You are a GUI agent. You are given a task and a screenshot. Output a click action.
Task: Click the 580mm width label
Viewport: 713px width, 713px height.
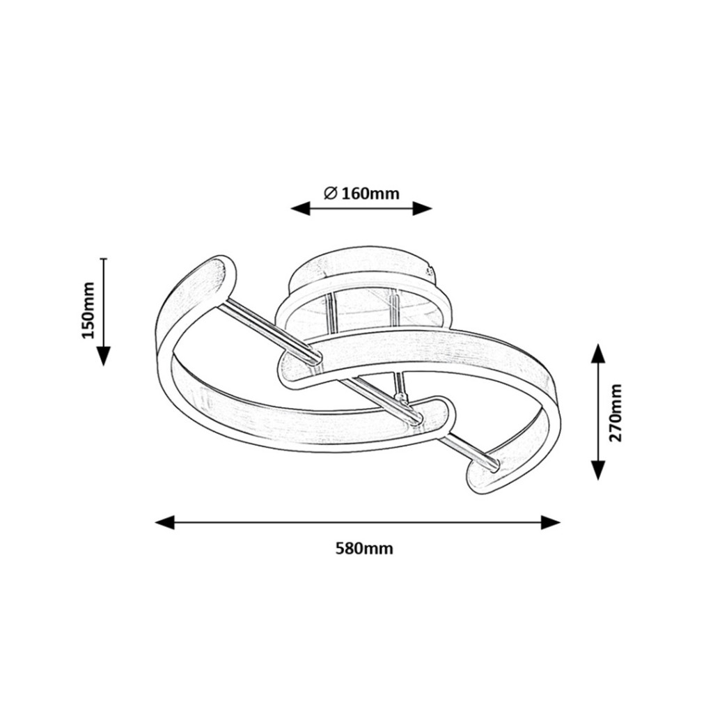coord(363,549)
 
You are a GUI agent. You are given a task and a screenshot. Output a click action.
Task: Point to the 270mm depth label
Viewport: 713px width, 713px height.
coord(616,413)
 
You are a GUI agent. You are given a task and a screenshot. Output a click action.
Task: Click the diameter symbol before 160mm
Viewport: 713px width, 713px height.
coord(330,194)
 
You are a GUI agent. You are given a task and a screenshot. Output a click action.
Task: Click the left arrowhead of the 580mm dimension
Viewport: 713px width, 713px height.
coord(164,522)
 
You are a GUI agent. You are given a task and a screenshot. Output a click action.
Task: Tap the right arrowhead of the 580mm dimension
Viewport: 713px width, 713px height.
coord(550,522)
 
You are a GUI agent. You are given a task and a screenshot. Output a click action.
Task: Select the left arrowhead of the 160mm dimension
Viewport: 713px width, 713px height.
coord(300,209)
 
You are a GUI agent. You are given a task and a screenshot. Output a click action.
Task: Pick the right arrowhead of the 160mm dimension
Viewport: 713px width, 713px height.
coord(422,209)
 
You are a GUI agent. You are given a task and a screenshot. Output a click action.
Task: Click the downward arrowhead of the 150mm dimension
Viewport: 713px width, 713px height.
coord(104,356)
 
